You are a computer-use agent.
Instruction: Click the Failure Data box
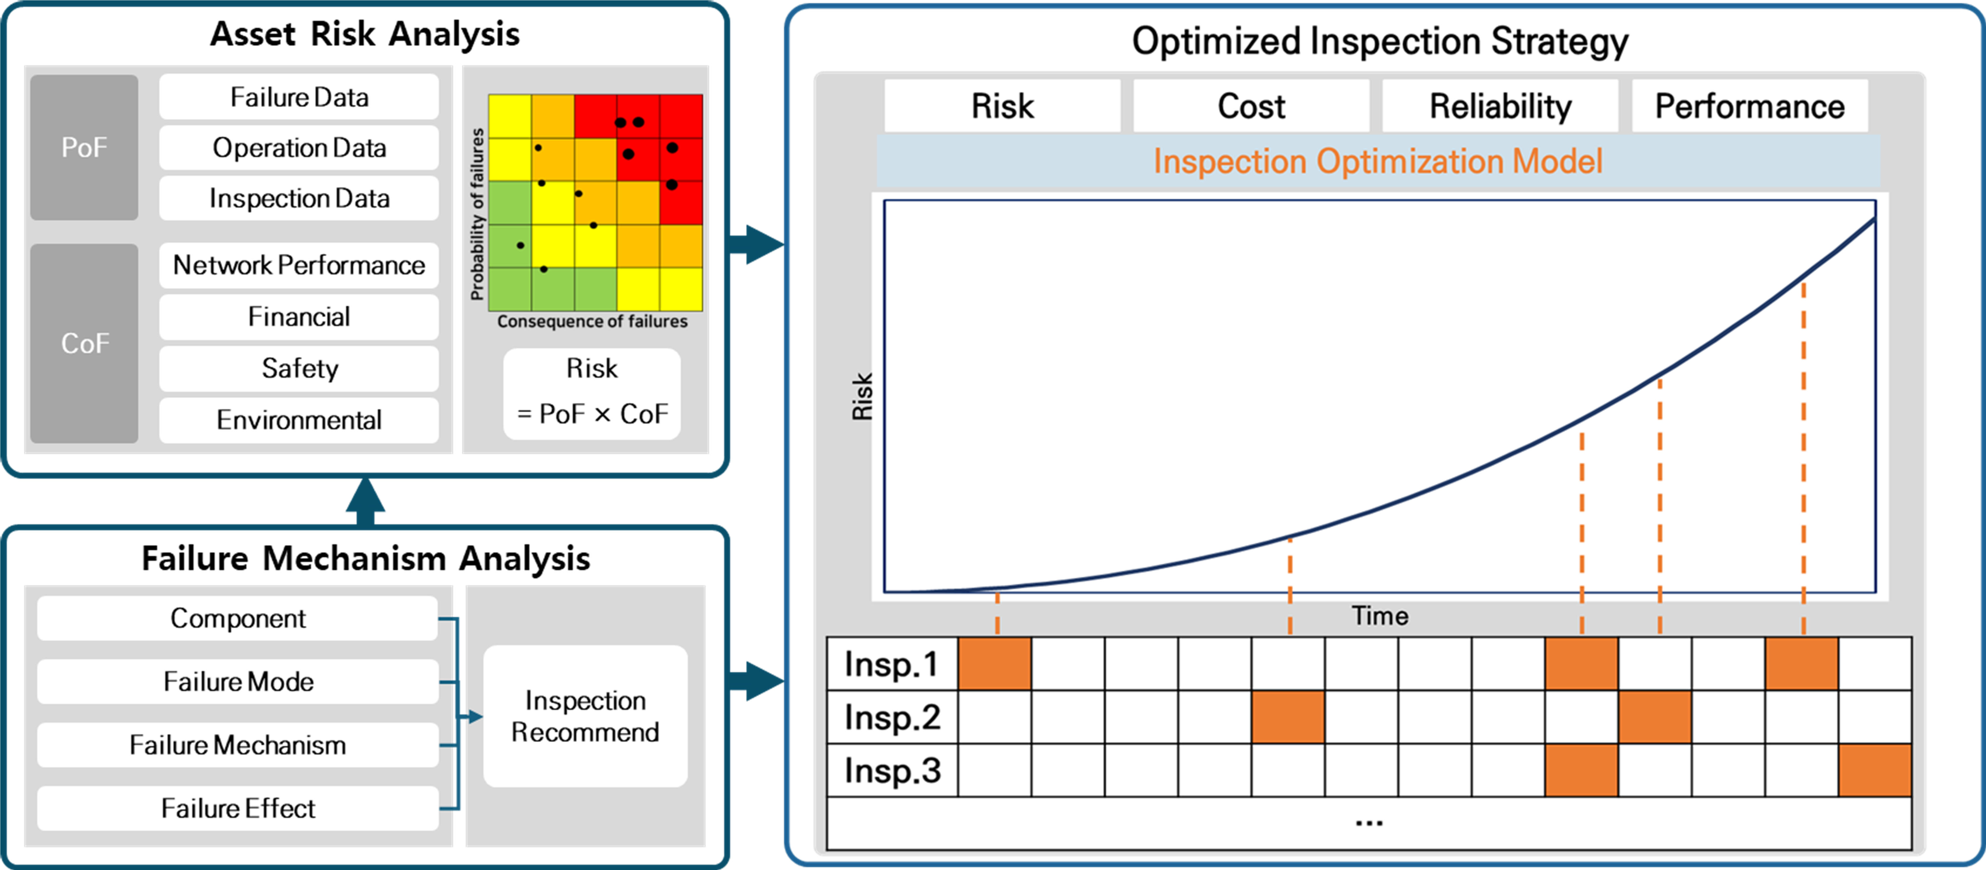[299, 97]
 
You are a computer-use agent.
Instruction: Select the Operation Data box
[299, 148]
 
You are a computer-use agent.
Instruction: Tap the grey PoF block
[84, 147]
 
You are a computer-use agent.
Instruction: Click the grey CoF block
[84, 343]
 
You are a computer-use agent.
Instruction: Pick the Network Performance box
[299, 265]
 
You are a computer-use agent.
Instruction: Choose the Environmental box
[299, 420]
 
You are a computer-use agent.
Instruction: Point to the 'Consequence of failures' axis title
[592, 321]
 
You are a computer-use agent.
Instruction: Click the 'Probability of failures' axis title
[477, 214]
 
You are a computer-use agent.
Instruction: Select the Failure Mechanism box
[237, 745]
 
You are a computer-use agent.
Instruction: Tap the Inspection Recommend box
[585, 716]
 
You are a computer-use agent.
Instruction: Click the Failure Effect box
[237, 808]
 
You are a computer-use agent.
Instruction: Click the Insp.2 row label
[892, 717]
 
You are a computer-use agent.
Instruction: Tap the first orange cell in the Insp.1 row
[994, 663]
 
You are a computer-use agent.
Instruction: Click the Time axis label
[1379, 616]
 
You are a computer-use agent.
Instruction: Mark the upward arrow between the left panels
[365, 501]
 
